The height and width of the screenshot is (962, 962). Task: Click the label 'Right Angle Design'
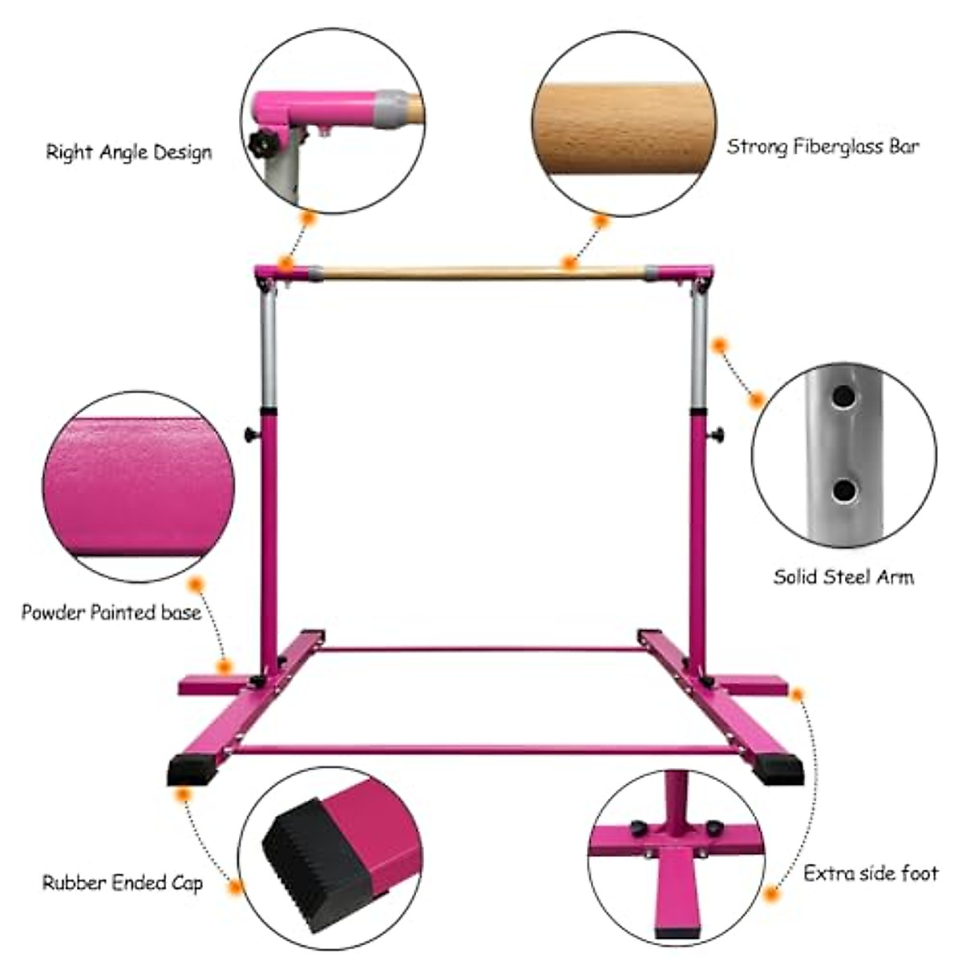(128, 152)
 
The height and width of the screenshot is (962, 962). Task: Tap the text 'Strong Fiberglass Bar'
(823, 147)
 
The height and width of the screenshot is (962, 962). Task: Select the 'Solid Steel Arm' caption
(843, 576)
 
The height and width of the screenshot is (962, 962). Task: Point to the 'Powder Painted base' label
(111, 613)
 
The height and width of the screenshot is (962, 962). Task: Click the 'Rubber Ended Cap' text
(123, 883)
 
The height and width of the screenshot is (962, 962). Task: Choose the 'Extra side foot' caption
(871, 873)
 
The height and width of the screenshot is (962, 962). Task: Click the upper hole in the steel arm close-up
(843, 396)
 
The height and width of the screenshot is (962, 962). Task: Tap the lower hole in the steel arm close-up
(842, 489)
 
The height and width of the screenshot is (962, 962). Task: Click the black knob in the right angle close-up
(261, 144)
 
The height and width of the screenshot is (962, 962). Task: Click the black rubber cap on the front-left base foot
(187, 770)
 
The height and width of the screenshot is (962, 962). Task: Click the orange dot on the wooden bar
(569, 262)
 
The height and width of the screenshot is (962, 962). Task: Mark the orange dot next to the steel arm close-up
(755, 399)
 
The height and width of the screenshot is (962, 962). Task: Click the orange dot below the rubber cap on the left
(184, 794)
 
